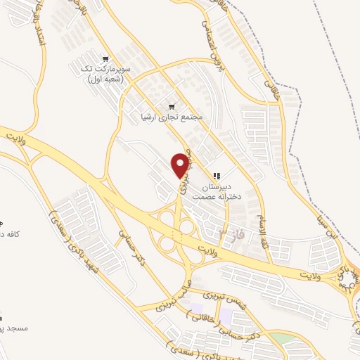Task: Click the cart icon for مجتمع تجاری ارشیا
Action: [171, 107]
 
